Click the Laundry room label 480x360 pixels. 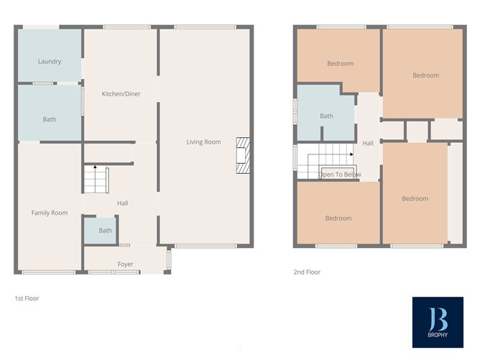point(49,62)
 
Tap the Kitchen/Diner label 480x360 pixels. point(121,94)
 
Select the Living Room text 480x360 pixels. point(203,142)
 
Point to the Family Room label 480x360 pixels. point(49,213)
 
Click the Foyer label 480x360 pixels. point(126,264)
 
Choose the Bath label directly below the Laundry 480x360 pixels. point(49,119)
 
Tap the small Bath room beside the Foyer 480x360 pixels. point(106,231)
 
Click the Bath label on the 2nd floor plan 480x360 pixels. point(326,116)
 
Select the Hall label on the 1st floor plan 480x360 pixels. point(122,203)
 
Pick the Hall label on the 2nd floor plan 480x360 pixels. point(368,143)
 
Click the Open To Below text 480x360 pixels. point(340,175)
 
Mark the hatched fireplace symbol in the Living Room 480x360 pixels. point(243,156)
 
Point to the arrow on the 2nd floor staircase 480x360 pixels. point(351,154)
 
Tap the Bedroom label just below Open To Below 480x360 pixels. point(338,218)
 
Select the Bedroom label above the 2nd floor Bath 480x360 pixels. point(340,63)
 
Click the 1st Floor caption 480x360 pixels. point(27,297)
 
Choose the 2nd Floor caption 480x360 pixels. point(307,272)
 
